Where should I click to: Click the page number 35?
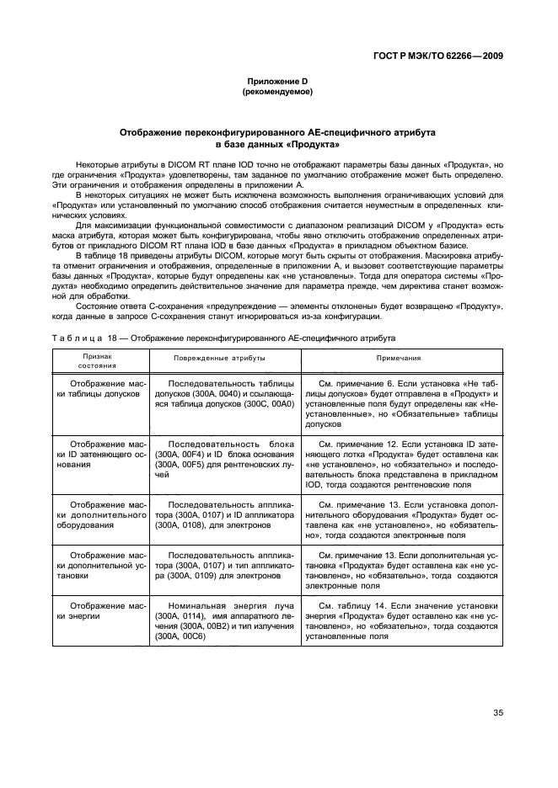point(497,714)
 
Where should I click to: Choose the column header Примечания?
point(398,358)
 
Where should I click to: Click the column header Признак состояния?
point(98,361)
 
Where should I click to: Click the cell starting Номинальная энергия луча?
point(223,621)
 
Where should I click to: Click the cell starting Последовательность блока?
point(223,458)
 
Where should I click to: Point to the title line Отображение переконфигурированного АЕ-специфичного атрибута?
point(277,133)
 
